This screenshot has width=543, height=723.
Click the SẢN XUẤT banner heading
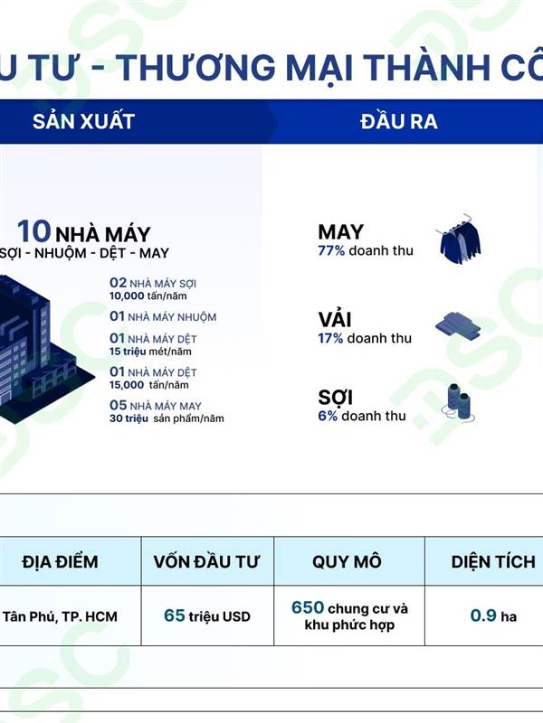pos(83,121)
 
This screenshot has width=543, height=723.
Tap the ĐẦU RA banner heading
pos(399,121)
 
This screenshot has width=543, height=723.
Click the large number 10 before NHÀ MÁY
pos(33,231)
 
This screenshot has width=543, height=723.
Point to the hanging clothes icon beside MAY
pos(459,238)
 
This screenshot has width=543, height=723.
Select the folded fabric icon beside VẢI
pos(458,326)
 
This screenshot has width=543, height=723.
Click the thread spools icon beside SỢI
pos(459,402)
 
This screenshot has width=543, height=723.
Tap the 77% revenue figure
pos(331,251)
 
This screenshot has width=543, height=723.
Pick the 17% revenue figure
pos(330,338)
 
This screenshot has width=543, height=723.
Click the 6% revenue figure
pos(328,416)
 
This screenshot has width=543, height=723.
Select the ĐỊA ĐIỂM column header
pos(60,561)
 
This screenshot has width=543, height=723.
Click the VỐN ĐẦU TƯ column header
pos(206,561)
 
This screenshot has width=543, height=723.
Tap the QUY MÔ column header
pos(347,561)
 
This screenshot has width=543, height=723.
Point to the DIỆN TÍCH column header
pos(493,561)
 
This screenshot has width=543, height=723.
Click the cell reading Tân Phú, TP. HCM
pos(60,616)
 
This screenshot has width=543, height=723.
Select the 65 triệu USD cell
pos(207,616)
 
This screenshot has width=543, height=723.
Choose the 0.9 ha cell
pos(493,615)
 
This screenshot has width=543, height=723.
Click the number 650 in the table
pos(308,607)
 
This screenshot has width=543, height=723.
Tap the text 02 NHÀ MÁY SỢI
pos(153,283)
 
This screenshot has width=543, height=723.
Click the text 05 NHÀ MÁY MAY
pos(156,405)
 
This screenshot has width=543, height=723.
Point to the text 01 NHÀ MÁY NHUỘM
pos(163,316)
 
